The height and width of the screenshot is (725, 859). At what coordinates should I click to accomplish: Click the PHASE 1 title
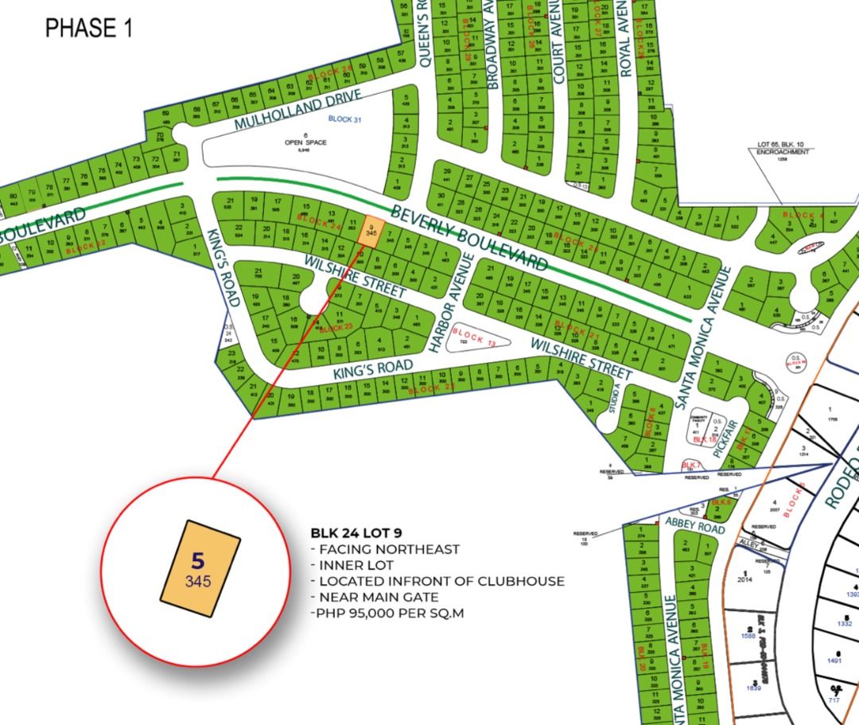pos(88,28)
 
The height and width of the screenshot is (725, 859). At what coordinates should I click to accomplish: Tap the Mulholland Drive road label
pos(298,111)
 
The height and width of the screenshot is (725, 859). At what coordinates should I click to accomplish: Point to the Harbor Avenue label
pos(451,303)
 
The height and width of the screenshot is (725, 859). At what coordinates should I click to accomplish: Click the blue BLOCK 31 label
pos(345,119)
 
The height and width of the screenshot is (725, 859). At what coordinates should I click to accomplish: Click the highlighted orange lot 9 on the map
pos(370,231)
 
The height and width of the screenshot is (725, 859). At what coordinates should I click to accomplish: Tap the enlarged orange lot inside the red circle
pos(200,567)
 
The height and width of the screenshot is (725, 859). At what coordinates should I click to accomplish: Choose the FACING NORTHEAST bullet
pos(385,549)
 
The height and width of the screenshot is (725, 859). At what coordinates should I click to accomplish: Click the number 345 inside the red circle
pos(198,582)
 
